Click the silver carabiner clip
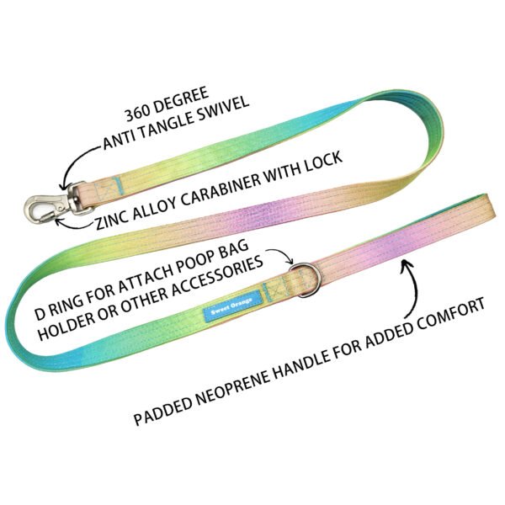pyautogui.click(x=57, y=204)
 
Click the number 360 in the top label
pyautogui.click(x=138, y=112)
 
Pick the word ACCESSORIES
pyautogui.click(x=216, y=279)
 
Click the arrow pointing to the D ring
pyautogui.click(x=281, y=254)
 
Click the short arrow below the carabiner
pyautogui.click(x=72, y=225)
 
